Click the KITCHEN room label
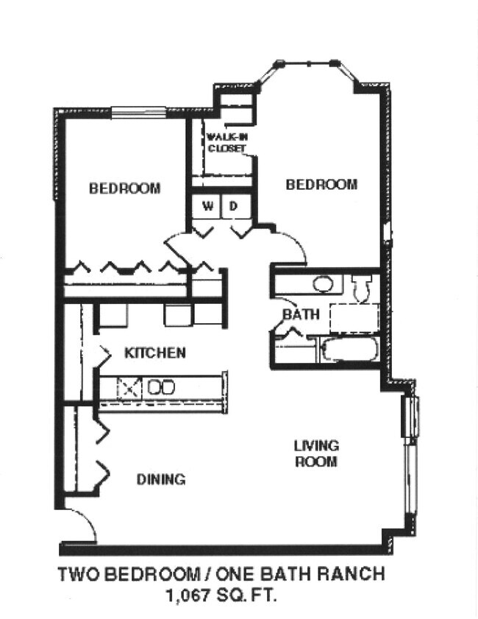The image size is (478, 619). pyautogui.click(x=154, y=353)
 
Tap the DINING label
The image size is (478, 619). pyautogui.click(x=161, y=480)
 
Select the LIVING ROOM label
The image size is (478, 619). pyautogui.click(x=316, y=453)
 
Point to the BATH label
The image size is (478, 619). pyautogui.click(x=302, y=314)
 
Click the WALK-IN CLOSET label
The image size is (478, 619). pyautogui.click(x=226, y=142)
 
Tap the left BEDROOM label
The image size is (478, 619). pyautogui.click(x=124, y=188)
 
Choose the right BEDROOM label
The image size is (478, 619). pyautogui.click(x=321, y=184)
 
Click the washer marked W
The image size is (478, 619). pyautogui.click(x=208, y=206)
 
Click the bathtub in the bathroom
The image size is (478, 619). pyautogui.click(x=350, y=350)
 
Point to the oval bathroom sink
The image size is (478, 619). pyautogui.click(x=323, y=283)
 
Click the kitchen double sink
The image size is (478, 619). pyautogui.click(x=160, y=387)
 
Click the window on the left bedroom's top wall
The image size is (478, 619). pyautogui.click(x=138, y=113)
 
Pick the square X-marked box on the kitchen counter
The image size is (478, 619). pyautogui.click(x=130, y=387)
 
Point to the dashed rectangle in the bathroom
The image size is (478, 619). pyautogui.click(x=354, y=318)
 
